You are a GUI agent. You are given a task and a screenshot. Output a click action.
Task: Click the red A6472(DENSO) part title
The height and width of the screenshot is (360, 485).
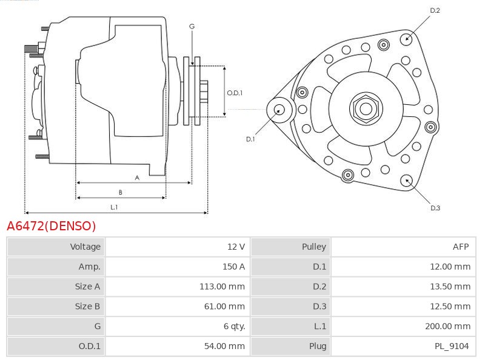(52, 226)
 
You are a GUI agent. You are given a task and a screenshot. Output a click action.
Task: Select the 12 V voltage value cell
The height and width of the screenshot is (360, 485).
(236, 247)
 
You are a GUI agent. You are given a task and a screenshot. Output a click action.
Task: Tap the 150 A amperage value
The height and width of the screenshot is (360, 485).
(233, 267)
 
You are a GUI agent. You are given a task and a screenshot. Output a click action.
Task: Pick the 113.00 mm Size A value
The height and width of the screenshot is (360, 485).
(222, 287)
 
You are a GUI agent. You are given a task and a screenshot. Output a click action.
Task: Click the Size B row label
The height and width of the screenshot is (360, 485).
(87, 306)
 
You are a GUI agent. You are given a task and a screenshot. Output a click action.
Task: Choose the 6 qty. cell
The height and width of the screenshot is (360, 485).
(234, 326)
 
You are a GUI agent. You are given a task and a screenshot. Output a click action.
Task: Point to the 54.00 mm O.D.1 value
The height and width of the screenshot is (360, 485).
(224, 346)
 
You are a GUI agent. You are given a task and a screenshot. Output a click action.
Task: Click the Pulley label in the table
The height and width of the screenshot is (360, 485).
(314, 247)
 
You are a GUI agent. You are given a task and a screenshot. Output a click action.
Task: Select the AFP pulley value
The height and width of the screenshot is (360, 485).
(461, 247)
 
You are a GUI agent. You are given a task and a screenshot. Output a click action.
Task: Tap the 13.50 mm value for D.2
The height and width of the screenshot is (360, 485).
(450, 287)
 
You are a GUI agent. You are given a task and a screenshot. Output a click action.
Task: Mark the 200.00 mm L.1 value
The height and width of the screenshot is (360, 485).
(448, 326)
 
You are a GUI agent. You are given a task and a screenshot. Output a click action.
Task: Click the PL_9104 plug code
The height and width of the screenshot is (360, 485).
(452, 347)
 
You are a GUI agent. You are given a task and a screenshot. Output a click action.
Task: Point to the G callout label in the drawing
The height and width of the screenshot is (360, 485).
(192, 27)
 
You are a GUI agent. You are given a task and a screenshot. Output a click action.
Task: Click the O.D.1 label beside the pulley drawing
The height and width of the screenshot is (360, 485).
(235, 93)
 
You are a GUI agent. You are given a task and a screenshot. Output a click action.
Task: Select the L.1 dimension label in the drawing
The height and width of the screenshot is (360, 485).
(114, 207)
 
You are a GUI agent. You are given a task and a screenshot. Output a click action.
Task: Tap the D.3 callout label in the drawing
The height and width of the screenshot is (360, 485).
(435, 208)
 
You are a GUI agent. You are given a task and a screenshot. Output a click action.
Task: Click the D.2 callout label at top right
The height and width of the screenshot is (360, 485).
(435, 10)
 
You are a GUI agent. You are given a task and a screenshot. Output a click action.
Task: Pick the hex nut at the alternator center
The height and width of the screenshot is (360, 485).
(366, 108)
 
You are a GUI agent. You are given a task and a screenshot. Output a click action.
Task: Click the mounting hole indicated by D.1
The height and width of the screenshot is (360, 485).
(279, 110)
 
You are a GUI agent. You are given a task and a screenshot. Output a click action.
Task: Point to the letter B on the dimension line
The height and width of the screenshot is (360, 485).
(120, 192)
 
